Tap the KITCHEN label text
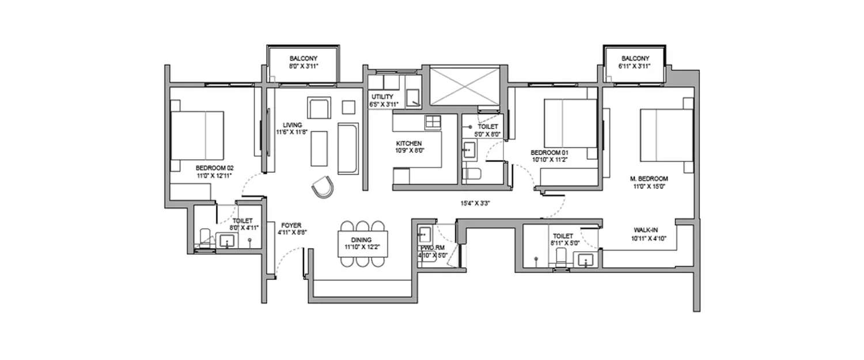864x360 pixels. coord(409,143)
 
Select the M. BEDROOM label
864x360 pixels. coord(649,178)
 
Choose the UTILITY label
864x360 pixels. coord(382,96)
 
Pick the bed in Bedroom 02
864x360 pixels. coord(197,135)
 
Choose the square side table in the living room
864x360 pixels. coord(349,107)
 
